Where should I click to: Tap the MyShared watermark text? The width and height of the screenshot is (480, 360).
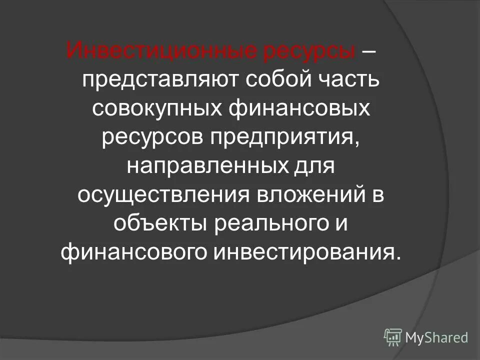coord(436,337)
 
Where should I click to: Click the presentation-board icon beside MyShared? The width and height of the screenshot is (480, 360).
coord(393,337)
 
